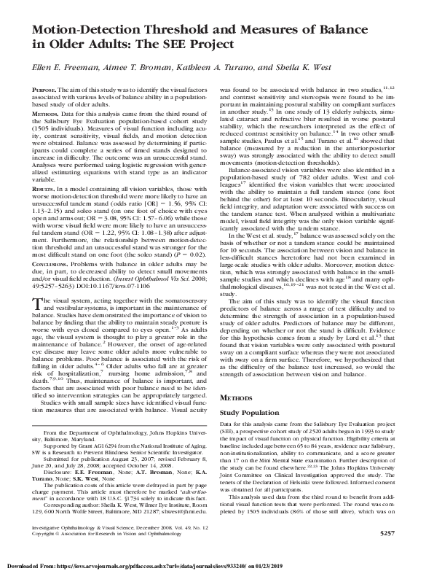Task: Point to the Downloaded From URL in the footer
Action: (146, 565)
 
